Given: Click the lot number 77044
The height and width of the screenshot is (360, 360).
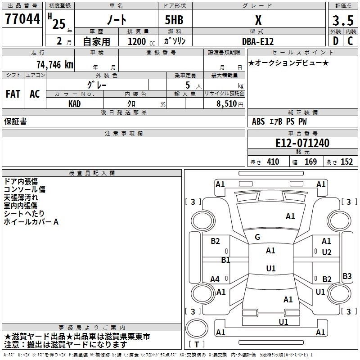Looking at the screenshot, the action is [22, 20].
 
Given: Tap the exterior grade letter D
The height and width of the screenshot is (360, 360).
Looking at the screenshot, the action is [335, 41].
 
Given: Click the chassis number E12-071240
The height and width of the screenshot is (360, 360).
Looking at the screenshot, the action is [302, 143].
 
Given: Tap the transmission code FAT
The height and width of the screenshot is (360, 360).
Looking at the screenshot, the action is [13, 94].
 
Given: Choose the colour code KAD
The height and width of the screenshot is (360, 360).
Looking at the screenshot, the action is [74, 104].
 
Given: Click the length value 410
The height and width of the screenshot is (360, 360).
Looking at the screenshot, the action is [273, 162].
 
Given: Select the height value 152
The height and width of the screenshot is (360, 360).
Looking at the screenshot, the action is [346, 162].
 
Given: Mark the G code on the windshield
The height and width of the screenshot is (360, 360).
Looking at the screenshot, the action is [257, 237].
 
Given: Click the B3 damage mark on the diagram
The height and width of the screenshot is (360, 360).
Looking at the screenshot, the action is [347, 276].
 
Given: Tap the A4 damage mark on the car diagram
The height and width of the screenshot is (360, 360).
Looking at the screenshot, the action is [215, 279].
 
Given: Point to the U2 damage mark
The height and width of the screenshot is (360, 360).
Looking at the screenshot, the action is [327, 252].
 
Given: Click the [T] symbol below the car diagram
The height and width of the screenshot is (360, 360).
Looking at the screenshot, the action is [196, 345].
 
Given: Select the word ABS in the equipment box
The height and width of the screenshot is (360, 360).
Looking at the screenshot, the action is [258, 121].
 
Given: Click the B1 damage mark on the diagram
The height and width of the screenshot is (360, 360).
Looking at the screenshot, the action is [225, 260].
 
